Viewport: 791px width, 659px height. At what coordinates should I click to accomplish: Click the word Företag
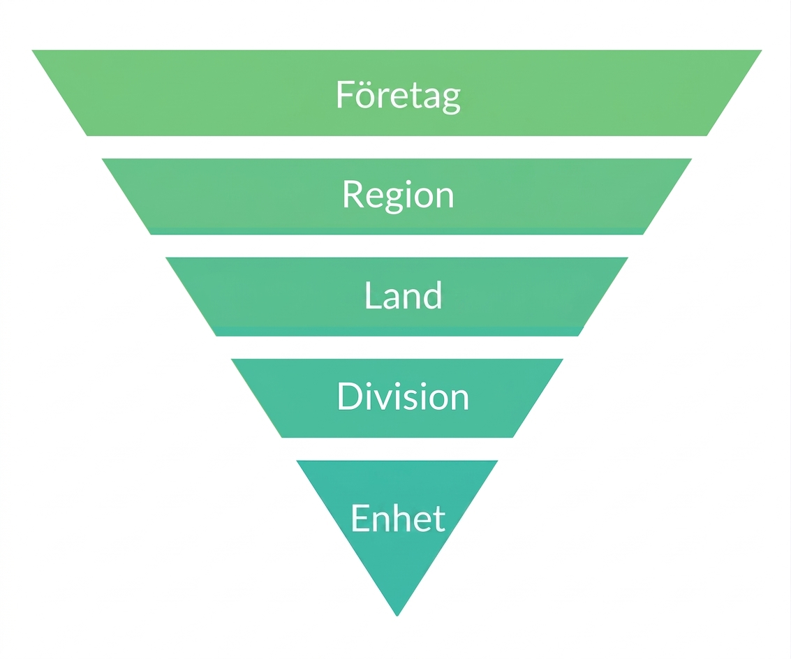(398, 96)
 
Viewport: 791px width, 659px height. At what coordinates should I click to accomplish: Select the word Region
(398, 195)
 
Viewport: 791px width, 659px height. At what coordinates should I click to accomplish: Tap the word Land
(403, 295)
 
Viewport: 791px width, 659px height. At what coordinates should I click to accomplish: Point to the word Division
(403, 396)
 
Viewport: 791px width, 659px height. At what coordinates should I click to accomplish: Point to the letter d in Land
(432, 295)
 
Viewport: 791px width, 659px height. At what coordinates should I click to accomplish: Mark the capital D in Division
(349, 396)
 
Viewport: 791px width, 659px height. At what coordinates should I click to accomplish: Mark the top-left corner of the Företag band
(32, 50)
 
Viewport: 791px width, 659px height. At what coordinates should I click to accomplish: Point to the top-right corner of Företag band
(762, 50)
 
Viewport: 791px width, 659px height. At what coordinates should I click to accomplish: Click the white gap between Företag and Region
(397, 147)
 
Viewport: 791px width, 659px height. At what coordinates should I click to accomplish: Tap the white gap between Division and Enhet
(397, 449)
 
